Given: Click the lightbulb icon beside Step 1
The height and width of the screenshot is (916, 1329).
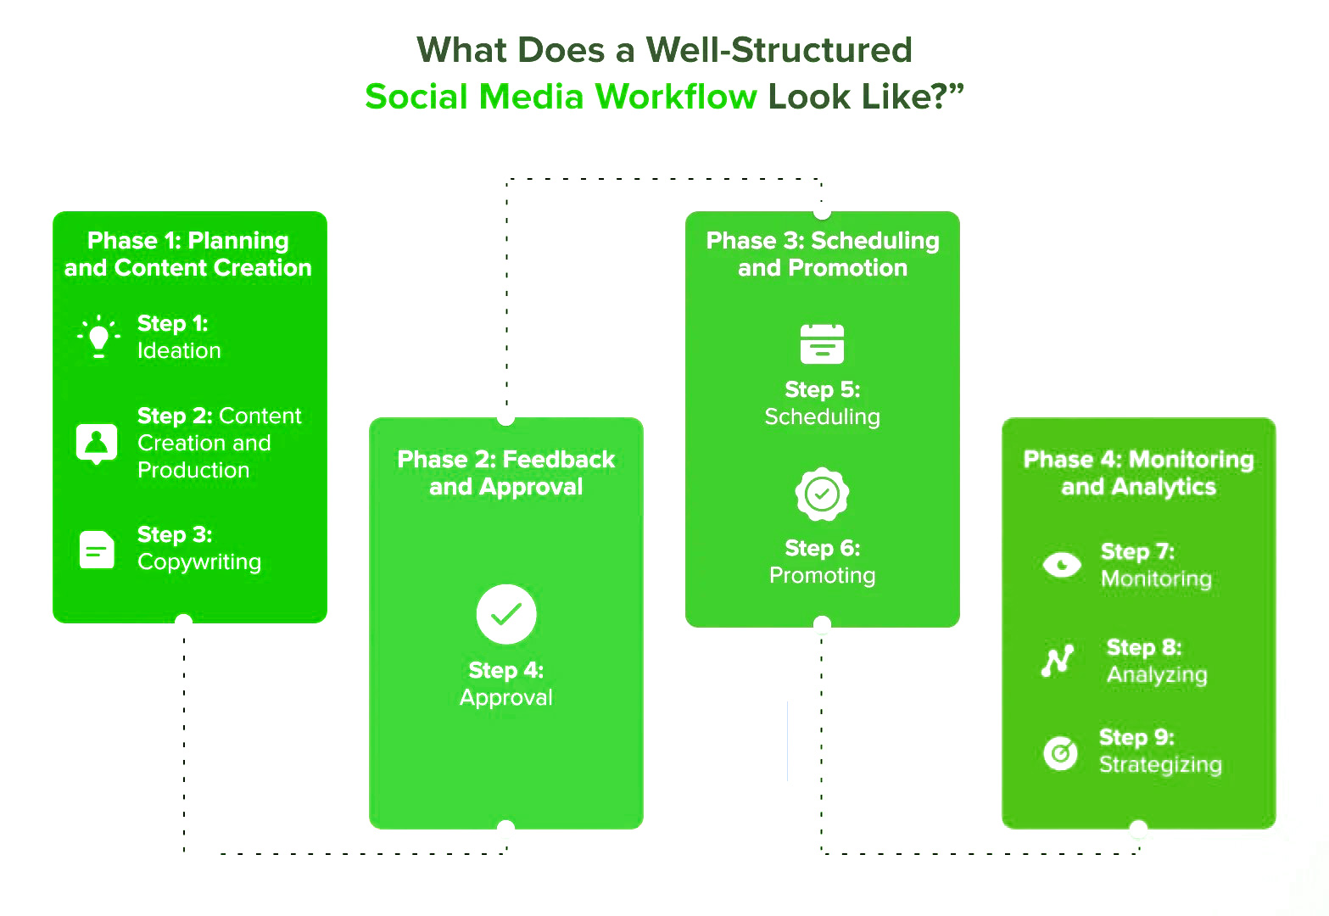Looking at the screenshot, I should [x=98, y=337].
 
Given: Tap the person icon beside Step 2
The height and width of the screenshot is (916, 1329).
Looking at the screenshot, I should [x=97, y=443].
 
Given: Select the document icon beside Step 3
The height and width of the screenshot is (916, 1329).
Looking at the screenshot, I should [x=97, y=550].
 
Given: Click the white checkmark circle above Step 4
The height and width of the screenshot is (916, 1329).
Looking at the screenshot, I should [x=506, y=614].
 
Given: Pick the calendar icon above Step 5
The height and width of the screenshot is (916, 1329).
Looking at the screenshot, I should [x=822, y=343].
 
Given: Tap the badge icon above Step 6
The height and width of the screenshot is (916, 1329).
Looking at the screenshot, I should [x=822, y=494].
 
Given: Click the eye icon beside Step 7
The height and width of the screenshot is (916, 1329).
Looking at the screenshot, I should [x=1062, y=564].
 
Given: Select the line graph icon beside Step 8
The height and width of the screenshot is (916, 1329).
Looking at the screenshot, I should [x=1058, y=660].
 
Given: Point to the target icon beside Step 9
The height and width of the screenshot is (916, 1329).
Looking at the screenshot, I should [x=1060, y=751].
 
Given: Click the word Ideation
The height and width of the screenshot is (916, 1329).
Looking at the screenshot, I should [x=179, y=351].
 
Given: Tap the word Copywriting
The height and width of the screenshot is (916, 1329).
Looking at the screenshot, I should [x=199, y=562].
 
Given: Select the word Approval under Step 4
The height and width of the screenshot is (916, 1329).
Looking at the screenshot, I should [x=506, y=698].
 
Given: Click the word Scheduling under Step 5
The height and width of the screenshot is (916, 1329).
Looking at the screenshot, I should [x=822, y=417].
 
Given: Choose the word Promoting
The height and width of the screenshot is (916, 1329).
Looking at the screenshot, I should [x=822, y=576].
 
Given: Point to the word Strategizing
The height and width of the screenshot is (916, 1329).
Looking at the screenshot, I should [x=1160, y=765].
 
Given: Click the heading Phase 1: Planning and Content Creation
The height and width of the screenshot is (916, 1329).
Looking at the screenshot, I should [x=188, y=254].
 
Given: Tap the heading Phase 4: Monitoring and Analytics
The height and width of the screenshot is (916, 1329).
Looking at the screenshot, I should [x=1138, y=473].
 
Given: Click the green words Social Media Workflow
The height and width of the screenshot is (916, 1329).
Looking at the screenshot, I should [x=561, y=97].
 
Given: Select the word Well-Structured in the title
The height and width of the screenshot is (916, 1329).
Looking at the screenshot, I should [x=779, y=50].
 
